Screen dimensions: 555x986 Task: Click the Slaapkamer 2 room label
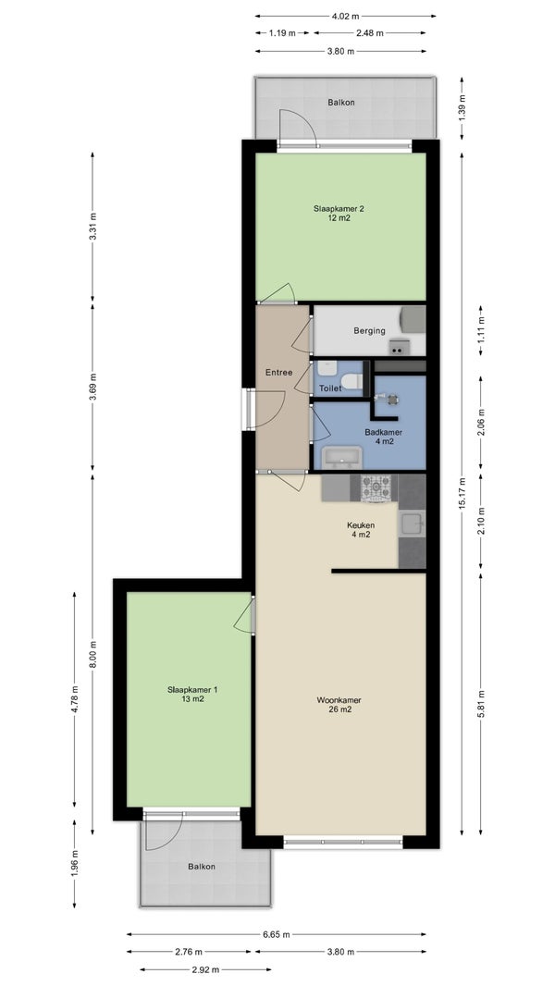tap(339, 214)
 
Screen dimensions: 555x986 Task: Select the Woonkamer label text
tap(339, 704)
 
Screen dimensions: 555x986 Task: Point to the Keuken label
tap(361, 530)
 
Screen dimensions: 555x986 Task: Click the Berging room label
tap(369, 331)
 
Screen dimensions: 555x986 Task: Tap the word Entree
tap(279, 372)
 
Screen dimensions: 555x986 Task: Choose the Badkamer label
tap(383, 437)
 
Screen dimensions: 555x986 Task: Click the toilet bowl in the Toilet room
tap(352, 381)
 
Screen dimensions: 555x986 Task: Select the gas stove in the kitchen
tap(376, 488)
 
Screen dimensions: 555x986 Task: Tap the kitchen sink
tap(413, 524)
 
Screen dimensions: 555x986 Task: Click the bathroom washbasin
tap(342, 457)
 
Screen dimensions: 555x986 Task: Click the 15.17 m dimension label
tap(462, 494)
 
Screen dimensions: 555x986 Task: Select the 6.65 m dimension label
tap(277, 934)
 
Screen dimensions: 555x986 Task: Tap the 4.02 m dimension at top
tap(345, 16)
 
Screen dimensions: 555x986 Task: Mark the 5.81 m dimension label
tap(480, 704)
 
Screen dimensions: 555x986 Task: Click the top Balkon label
tap(341, 102)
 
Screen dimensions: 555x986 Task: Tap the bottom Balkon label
tap(201, 866)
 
